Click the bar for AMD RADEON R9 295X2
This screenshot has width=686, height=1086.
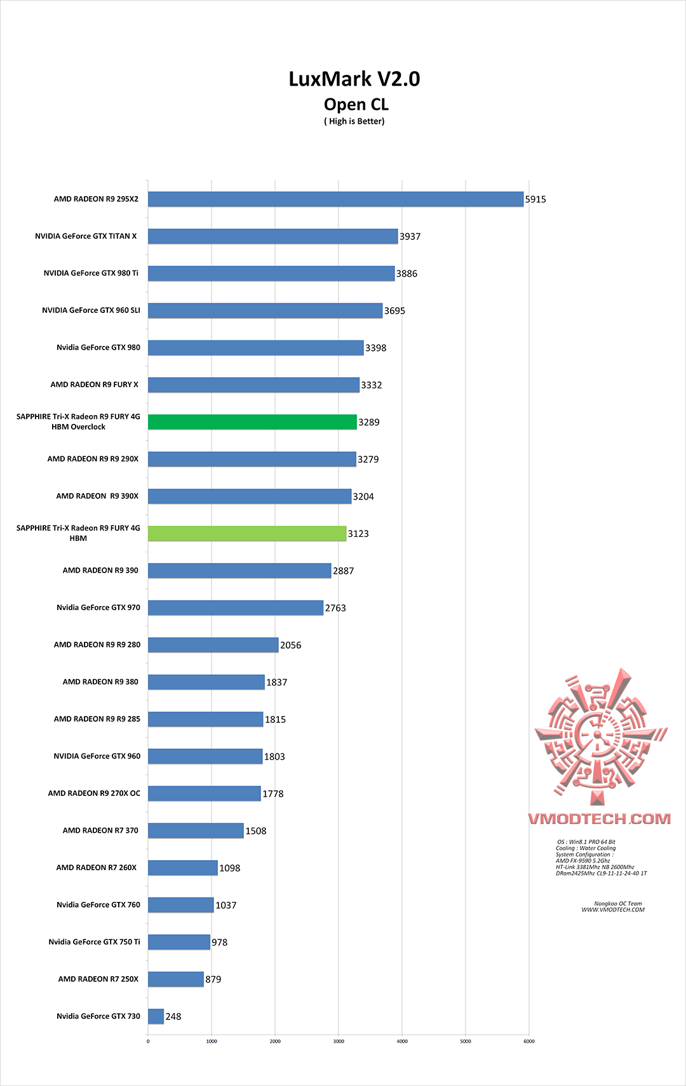point(335,199)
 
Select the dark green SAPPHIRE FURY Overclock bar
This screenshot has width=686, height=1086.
point(252,422)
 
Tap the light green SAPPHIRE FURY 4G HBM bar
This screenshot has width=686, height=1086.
point(247,534)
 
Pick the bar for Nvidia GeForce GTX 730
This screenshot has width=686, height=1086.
point(156,1016)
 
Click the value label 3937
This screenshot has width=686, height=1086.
point(410,237)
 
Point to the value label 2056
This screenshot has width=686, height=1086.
point(291,646)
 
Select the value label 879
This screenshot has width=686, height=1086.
point(213,979)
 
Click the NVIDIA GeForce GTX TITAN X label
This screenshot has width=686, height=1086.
point(86,236)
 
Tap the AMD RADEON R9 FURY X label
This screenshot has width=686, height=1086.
point(94,385)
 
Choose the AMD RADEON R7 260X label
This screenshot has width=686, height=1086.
point(97,868)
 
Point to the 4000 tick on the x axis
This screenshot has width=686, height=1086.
point(402,1041)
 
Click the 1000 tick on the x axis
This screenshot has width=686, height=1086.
point(212,1041)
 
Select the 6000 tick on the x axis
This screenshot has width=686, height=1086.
point(529,1041)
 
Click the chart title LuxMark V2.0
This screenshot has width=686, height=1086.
point(354,79)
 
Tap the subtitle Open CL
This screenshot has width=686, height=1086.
point(356,105)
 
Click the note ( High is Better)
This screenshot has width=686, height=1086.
point(354,121)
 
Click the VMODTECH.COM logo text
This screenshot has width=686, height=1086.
point(599,819)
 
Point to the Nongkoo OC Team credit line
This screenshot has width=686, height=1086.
point(617,904)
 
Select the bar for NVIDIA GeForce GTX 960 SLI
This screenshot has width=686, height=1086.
point(265,310)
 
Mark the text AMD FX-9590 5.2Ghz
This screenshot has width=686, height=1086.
point(582,861)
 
